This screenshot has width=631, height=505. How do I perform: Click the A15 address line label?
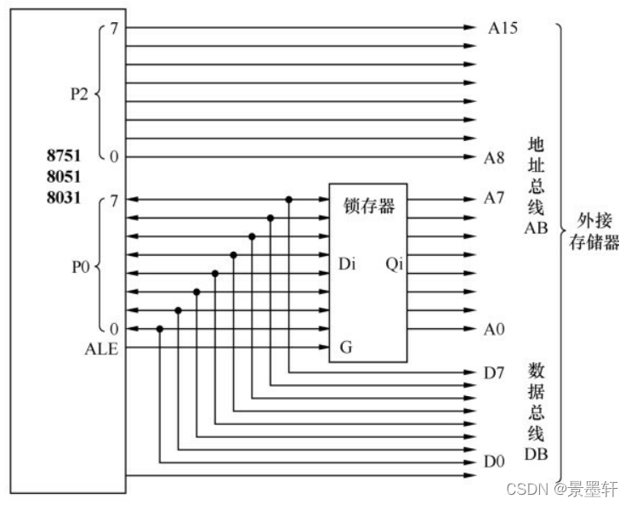coord(503,27)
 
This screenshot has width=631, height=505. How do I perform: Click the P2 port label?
coord(78,92)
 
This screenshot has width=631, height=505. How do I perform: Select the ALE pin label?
coord(103,348)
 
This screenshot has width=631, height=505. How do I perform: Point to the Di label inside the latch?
coord(346,264)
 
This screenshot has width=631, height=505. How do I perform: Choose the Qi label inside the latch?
coord(394,264)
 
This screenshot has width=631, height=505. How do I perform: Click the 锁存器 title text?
coord(368,205)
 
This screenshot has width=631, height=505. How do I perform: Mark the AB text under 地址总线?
coord(537,229)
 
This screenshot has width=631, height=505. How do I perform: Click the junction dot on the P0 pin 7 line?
coord(289,200)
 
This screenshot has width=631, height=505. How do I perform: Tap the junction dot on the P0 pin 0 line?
coord(159,329)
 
